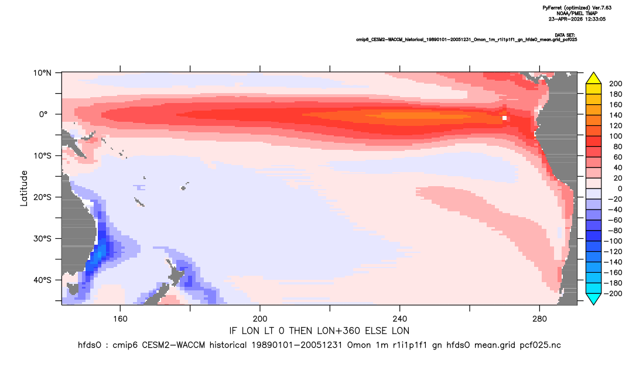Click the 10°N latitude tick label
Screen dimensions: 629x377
(x=42, y=73)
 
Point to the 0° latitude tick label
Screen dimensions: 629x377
(x=43, y=114)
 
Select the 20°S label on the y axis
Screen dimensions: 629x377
(x=42, y=197)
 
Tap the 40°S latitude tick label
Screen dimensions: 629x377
(x=42, y=280)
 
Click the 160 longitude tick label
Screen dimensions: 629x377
(x=120, y=319)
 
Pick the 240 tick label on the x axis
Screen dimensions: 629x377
(x=400, y=319)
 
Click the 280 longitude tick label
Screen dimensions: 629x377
(x=539, y=319)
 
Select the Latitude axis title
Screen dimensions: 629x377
(x=24, y=188)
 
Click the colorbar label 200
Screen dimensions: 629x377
(x=616, y=84)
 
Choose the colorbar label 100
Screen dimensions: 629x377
(x=616, y=136)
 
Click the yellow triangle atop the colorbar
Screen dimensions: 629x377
(x=593, y=78)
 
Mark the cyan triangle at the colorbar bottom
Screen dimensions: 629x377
(x=593, y=299)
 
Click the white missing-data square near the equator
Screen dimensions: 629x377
(x=504, y=118)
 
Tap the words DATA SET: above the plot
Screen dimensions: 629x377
(x=565, y=35)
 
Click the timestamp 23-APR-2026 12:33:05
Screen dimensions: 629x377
(x=577, y=19)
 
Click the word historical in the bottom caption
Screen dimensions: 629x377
(x=227, y=345)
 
